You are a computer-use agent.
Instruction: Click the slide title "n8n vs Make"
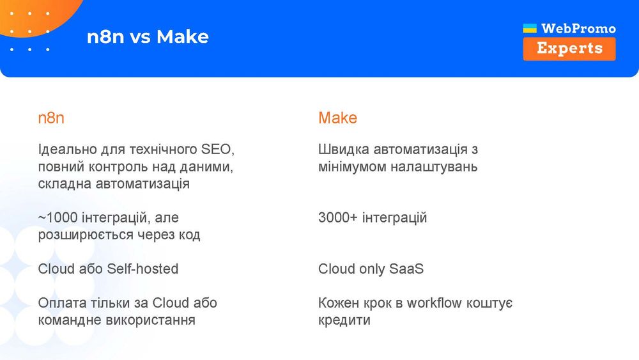pyautogui.click(x=148, y=36)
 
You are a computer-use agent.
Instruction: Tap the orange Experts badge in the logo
pyautogui.click(x=569, y=49)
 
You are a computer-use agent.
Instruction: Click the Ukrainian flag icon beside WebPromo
pyautogui.click(x=530, y=28)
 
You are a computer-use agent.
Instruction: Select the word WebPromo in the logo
pyautogui.click(x=578, y=28)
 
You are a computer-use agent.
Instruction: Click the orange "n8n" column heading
pyautogui.click(x=51, y=118)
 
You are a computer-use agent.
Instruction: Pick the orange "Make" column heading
pyautogui.click(x=337, y=118)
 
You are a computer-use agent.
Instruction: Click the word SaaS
pyautogui.click(x=406, y=269)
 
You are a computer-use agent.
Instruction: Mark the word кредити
pyautogui.click(x=344, y=320)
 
